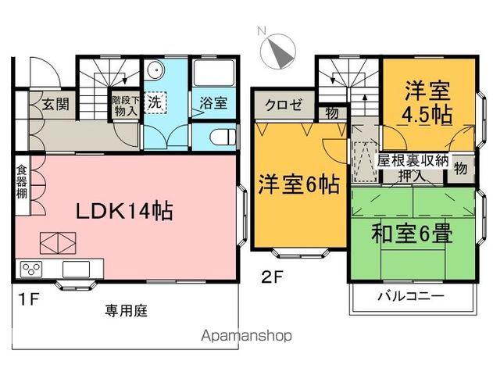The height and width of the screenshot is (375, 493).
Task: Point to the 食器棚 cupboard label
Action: pos(21,181)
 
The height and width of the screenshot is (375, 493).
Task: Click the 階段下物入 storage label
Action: pos(124,105)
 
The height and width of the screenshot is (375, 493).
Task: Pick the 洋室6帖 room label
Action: pos(298,185)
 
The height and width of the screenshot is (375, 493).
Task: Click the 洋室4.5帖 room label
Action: pos(426,103)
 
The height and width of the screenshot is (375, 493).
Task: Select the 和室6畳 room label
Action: pos(413,232)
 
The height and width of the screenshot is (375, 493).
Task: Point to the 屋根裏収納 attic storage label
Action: pos(413,160)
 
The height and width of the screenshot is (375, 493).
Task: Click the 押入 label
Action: pos(413,177)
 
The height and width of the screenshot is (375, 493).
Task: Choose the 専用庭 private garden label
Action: pos(127,310)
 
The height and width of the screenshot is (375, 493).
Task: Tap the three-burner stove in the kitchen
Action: pos(31,270)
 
